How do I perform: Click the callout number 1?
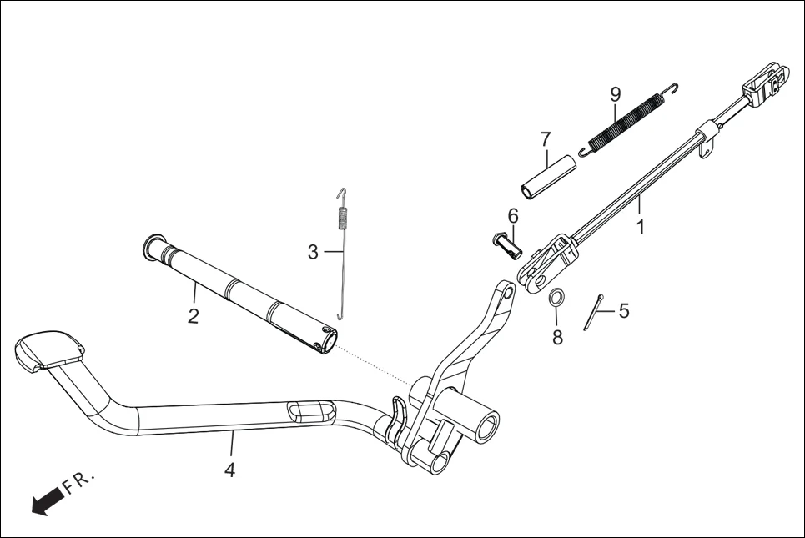641,226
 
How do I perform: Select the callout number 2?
193,316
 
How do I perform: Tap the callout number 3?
313,252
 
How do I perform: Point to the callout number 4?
229,470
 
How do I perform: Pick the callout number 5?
623,311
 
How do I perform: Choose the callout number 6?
512,216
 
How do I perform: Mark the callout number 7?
546,138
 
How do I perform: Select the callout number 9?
616,93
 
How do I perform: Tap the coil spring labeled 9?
631,118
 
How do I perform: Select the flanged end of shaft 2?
150,245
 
